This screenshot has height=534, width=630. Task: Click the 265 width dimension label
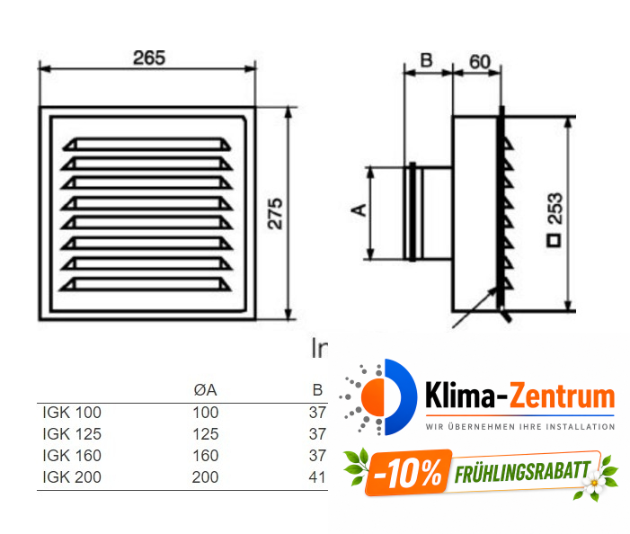click(x=149, y=58)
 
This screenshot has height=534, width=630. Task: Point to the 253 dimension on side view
click(x=555, y=209)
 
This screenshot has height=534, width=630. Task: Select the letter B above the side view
click(x=427, y=61)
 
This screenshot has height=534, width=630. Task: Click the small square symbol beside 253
click(x=555, y=241)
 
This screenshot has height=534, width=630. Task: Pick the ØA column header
click(x=205, y=390)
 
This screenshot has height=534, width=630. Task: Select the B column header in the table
click(x=316, y=390)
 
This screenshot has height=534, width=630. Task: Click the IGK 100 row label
click(x=72, y=413)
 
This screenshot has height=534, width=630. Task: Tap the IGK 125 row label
click(x=72, y=434)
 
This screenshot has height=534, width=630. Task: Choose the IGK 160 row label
click(x=72, y=456)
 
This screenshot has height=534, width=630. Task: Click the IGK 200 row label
click(x=72, y=477)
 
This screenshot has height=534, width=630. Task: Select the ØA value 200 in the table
click(x=205, y=477)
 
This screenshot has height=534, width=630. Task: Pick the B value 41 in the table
click(x=316, y=477)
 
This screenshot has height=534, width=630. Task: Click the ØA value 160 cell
click(x=205, y=456)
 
